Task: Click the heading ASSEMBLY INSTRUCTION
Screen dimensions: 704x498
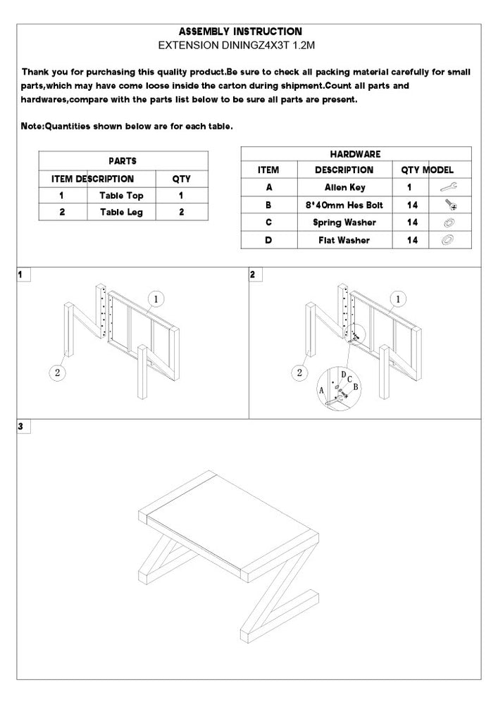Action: click(x=240, y=32)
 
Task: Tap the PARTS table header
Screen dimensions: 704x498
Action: click(x=123, y=161)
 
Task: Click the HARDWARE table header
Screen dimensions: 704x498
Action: click(x=355, y=153)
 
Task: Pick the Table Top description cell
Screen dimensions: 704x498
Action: click(x=121, y=196)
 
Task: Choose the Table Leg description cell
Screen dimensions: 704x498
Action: click(x=121, y=212)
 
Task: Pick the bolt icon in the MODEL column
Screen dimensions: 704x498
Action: click(x=448, y=205)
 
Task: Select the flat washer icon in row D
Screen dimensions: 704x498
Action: click(x=447, y=240)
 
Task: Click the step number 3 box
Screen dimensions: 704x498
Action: click(x=22, y=426)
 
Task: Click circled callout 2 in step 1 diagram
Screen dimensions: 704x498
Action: click(x=57, y=372)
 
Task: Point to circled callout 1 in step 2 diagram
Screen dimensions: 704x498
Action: click(x=398, y=299)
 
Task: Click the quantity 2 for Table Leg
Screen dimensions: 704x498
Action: click(x=181, y=212)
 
